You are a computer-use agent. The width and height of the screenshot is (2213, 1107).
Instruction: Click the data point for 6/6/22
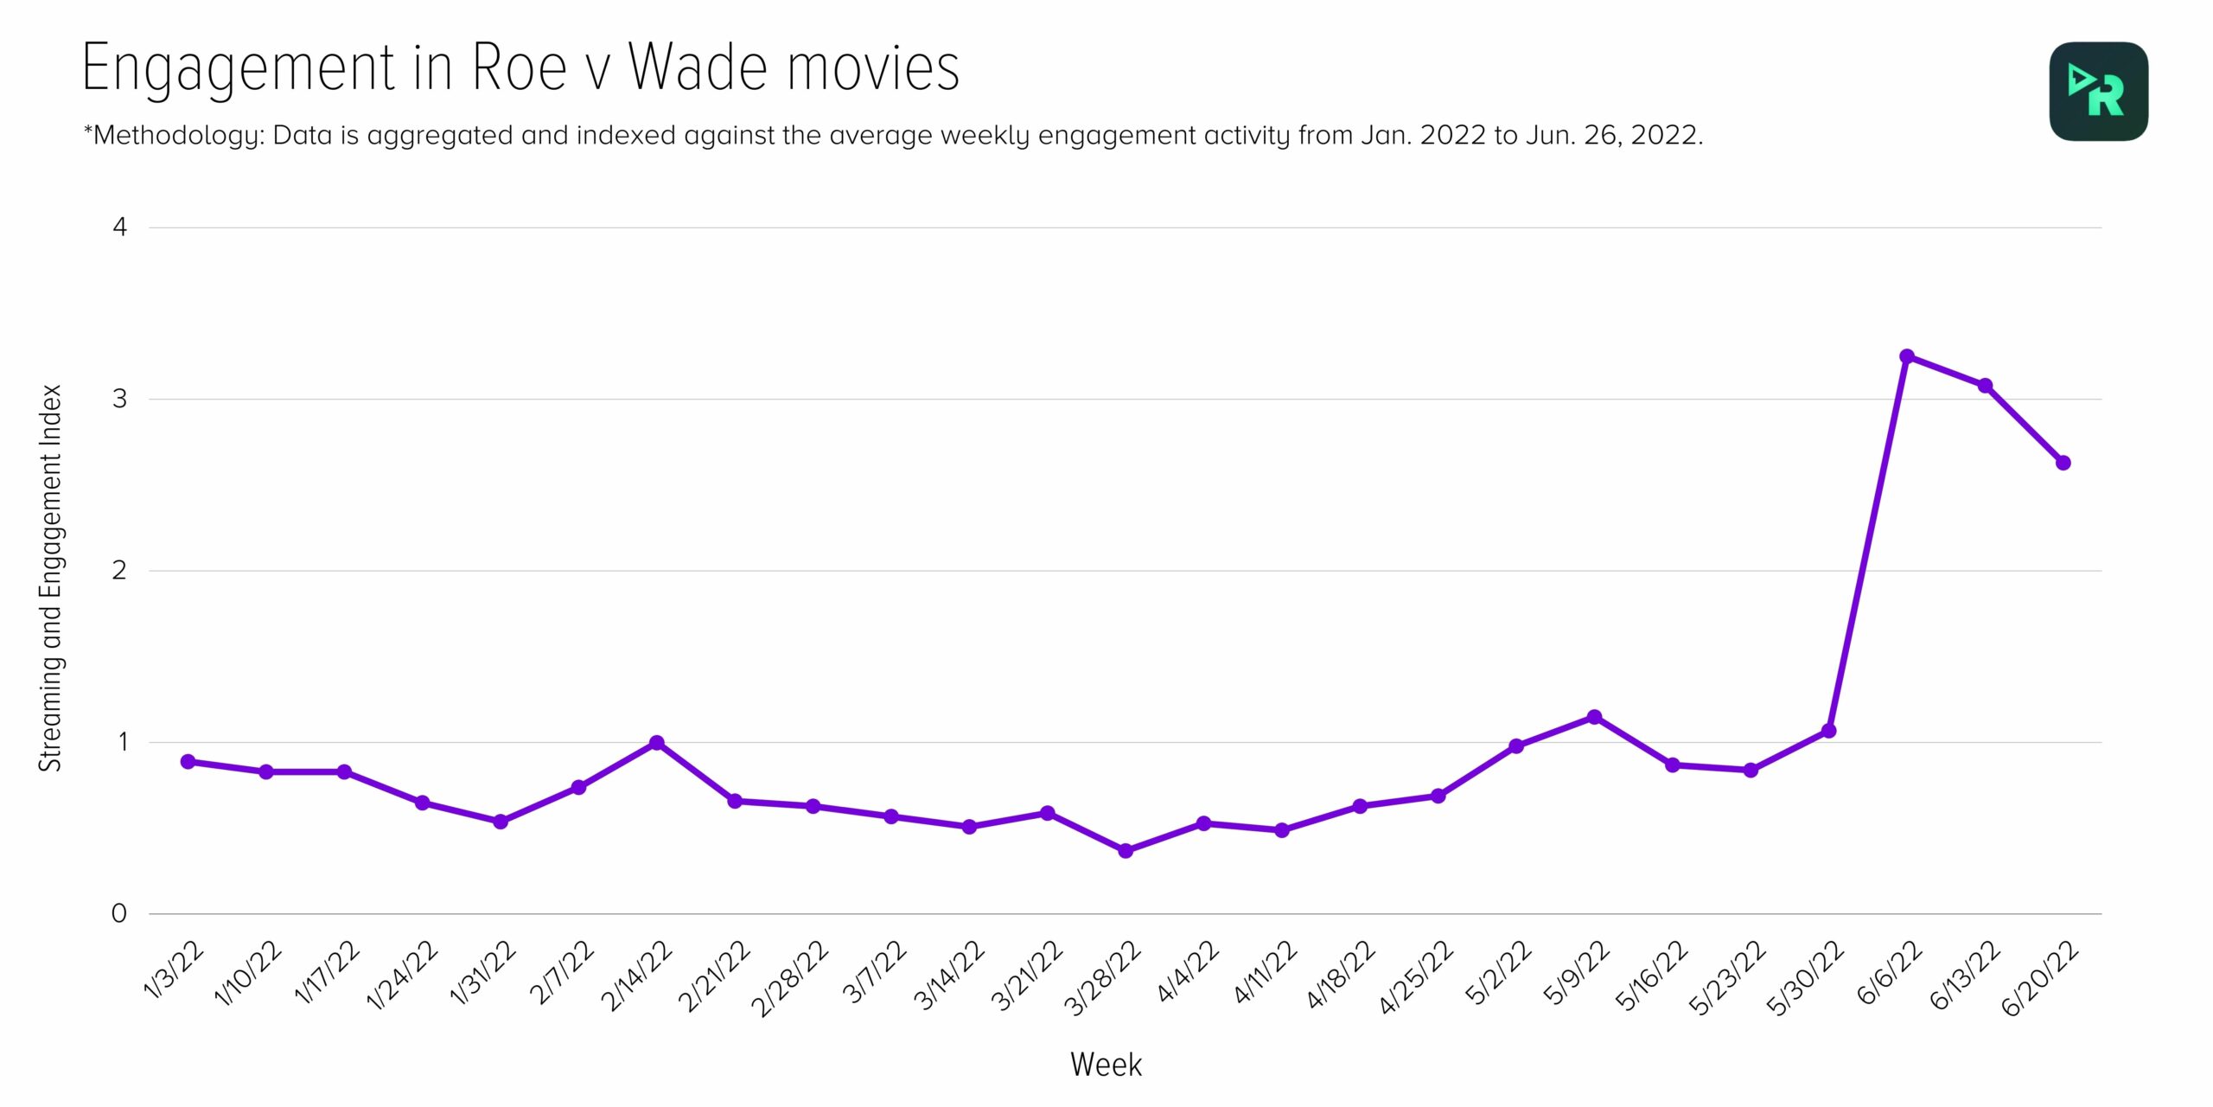tap(1907, 356)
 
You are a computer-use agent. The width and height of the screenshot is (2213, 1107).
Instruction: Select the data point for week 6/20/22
tap(2063, 463)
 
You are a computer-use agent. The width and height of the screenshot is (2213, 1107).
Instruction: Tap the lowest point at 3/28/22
tap(1126, 851)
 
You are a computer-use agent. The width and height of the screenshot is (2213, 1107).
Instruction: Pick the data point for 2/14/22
tap(657, 743)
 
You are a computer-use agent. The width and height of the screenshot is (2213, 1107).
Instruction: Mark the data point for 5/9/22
tap(1595, 717)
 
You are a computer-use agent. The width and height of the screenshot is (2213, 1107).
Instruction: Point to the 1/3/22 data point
tap(188, 762)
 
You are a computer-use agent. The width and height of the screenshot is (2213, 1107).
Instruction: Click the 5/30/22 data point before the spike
tap(1829, 731)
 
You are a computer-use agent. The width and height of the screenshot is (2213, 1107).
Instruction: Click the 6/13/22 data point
tap(1986, 386)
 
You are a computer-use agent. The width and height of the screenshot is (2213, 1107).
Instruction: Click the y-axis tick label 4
tap(120, 227)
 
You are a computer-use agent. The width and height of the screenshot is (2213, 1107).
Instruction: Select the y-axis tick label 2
tap(120, 570)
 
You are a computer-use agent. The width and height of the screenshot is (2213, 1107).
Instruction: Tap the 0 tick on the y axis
tap(120, 913)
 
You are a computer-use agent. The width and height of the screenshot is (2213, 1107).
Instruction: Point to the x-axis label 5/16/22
tap(1652, 976)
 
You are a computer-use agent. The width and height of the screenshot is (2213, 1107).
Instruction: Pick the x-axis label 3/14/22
tap(949, 976)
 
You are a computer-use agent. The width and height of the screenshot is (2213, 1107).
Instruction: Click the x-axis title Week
tap(1106, 1065)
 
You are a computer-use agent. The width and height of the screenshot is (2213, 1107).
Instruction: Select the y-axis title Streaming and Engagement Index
tap(51, 578)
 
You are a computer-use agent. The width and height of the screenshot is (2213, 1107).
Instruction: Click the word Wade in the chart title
tap(698, 67)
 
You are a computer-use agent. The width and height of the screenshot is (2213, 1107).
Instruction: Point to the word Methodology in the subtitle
tap(176, 136)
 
